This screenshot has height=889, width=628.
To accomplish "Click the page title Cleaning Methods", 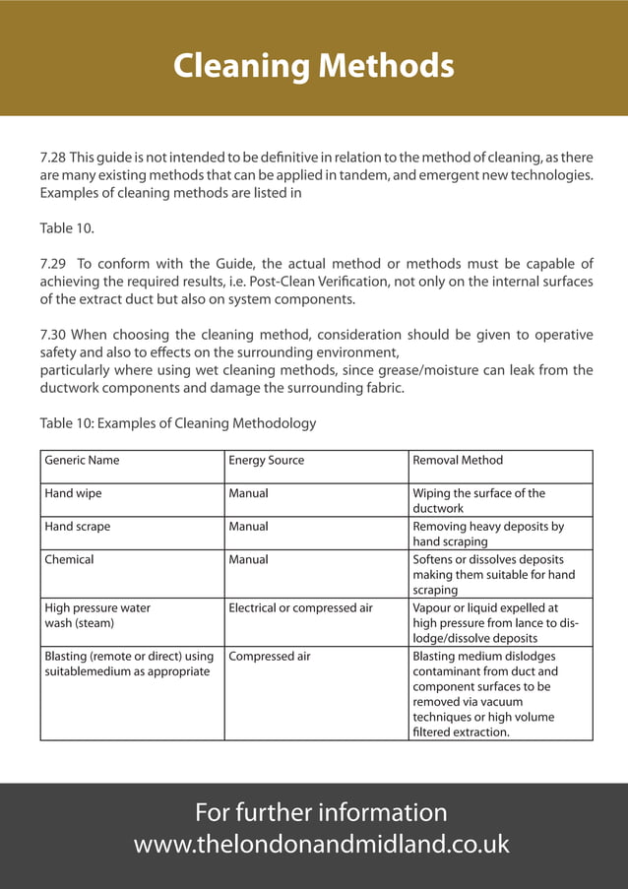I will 313,66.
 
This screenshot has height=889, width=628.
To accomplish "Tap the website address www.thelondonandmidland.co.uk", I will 321,844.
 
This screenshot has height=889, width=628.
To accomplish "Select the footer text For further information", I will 321,812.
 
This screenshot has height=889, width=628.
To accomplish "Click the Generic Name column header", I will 82,460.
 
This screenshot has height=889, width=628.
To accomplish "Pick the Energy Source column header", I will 266,460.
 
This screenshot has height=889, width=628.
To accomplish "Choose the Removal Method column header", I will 457,460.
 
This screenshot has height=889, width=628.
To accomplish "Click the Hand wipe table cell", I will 73,493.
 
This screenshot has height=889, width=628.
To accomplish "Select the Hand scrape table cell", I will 78,527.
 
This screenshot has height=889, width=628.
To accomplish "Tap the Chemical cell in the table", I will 69,559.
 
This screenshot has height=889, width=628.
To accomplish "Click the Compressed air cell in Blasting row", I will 269,656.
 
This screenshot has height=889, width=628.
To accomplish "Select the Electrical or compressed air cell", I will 300,608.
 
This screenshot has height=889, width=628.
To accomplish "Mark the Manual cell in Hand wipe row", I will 248,493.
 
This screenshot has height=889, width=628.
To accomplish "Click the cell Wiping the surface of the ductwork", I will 478,500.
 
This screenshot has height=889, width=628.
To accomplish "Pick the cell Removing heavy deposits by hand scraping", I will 488,534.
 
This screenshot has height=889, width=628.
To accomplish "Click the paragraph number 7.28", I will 52,158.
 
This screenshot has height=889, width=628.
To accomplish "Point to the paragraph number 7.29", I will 52,264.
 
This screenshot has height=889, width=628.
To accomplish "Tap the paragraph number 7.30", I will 52,335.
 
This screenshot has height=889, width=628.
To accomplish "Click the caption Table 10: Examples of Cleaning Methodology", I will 177,423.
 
